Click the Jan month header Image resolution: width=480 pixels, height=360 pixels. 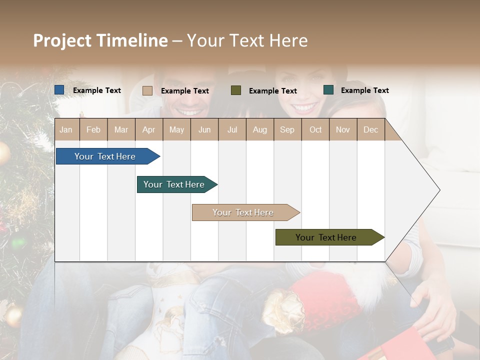66,129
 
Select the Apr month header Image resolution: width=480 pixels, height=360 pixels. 148,129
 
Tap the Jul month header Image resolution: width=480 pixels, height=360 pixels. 232,129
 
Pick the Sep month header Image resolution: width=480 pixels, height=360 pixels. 287,129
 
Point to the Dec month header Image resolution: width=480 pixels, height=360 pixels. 370,129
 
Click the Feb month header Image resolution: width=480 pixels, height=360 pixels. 93,129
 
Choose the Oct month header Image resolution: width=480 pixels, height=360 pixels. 315,129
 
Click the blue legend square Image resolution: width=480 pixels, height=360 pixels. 59,90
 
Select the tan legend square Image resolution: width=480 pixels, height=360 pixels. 147,90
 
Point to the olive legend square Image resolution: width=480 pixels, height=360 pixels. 236,90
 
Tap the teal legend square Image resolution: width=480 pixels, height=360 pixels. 328,90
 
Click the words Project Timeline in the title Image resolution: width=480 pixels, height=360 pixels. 100,40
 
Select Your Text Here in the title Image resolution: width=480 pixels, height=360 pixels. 247,40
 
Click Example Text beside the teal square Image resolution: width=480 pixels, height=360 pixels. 364,90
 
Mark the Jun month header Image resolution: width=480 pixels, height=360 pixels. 204,129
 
